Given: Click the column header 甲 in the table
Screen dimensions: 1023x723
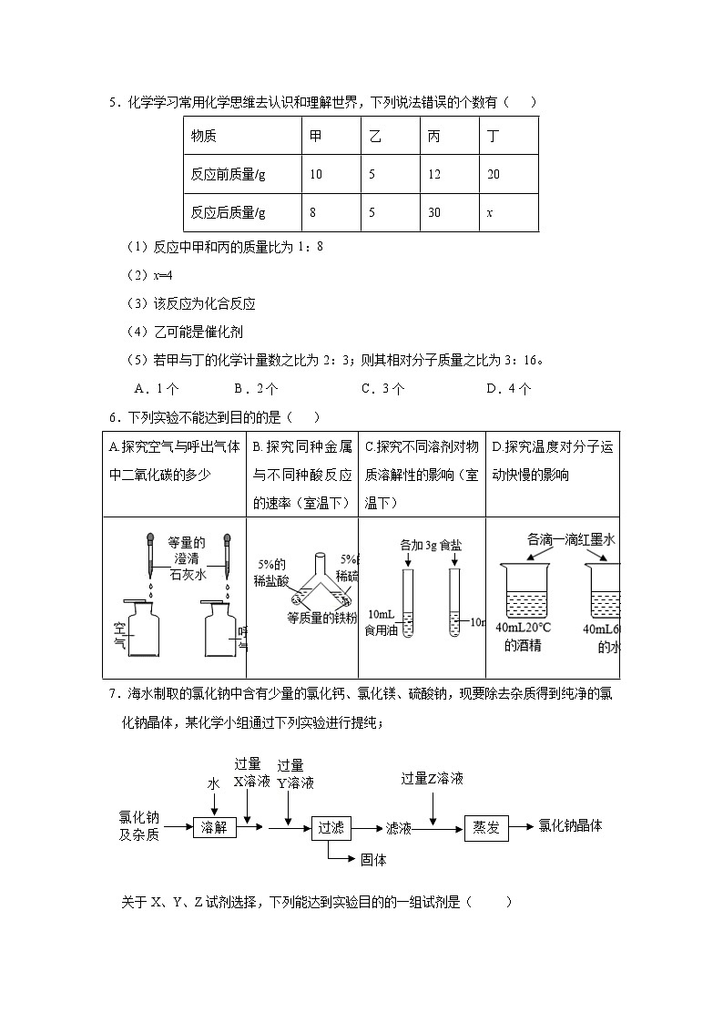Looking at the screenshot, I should click(x=316, y=136).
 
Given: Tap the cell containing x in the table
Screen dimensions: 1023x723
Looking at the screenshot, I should click(x=490, y=212).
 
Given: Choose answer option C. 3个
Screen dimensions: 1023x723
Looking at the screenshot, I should click(x=383, y=388).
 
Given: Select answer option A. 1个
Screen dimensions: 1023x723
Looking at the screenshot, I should click(x=156, y=388).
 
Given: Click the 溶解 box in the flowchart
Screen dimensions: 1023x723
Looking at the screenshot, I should click(x=215, y=827).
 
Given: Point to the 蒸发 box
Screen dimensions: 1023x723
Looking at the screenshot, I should click(x=486, y=827).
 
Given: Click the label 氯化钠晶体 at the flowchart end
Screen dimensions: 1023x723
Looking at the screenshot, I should click(x=570, y=825).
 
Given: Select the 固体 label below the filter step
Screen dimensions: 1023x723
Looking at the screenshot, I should click(x=374, y=859).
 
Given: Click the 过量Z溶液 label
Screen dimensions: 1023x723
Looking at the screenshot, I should click(x=433, y=778).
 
